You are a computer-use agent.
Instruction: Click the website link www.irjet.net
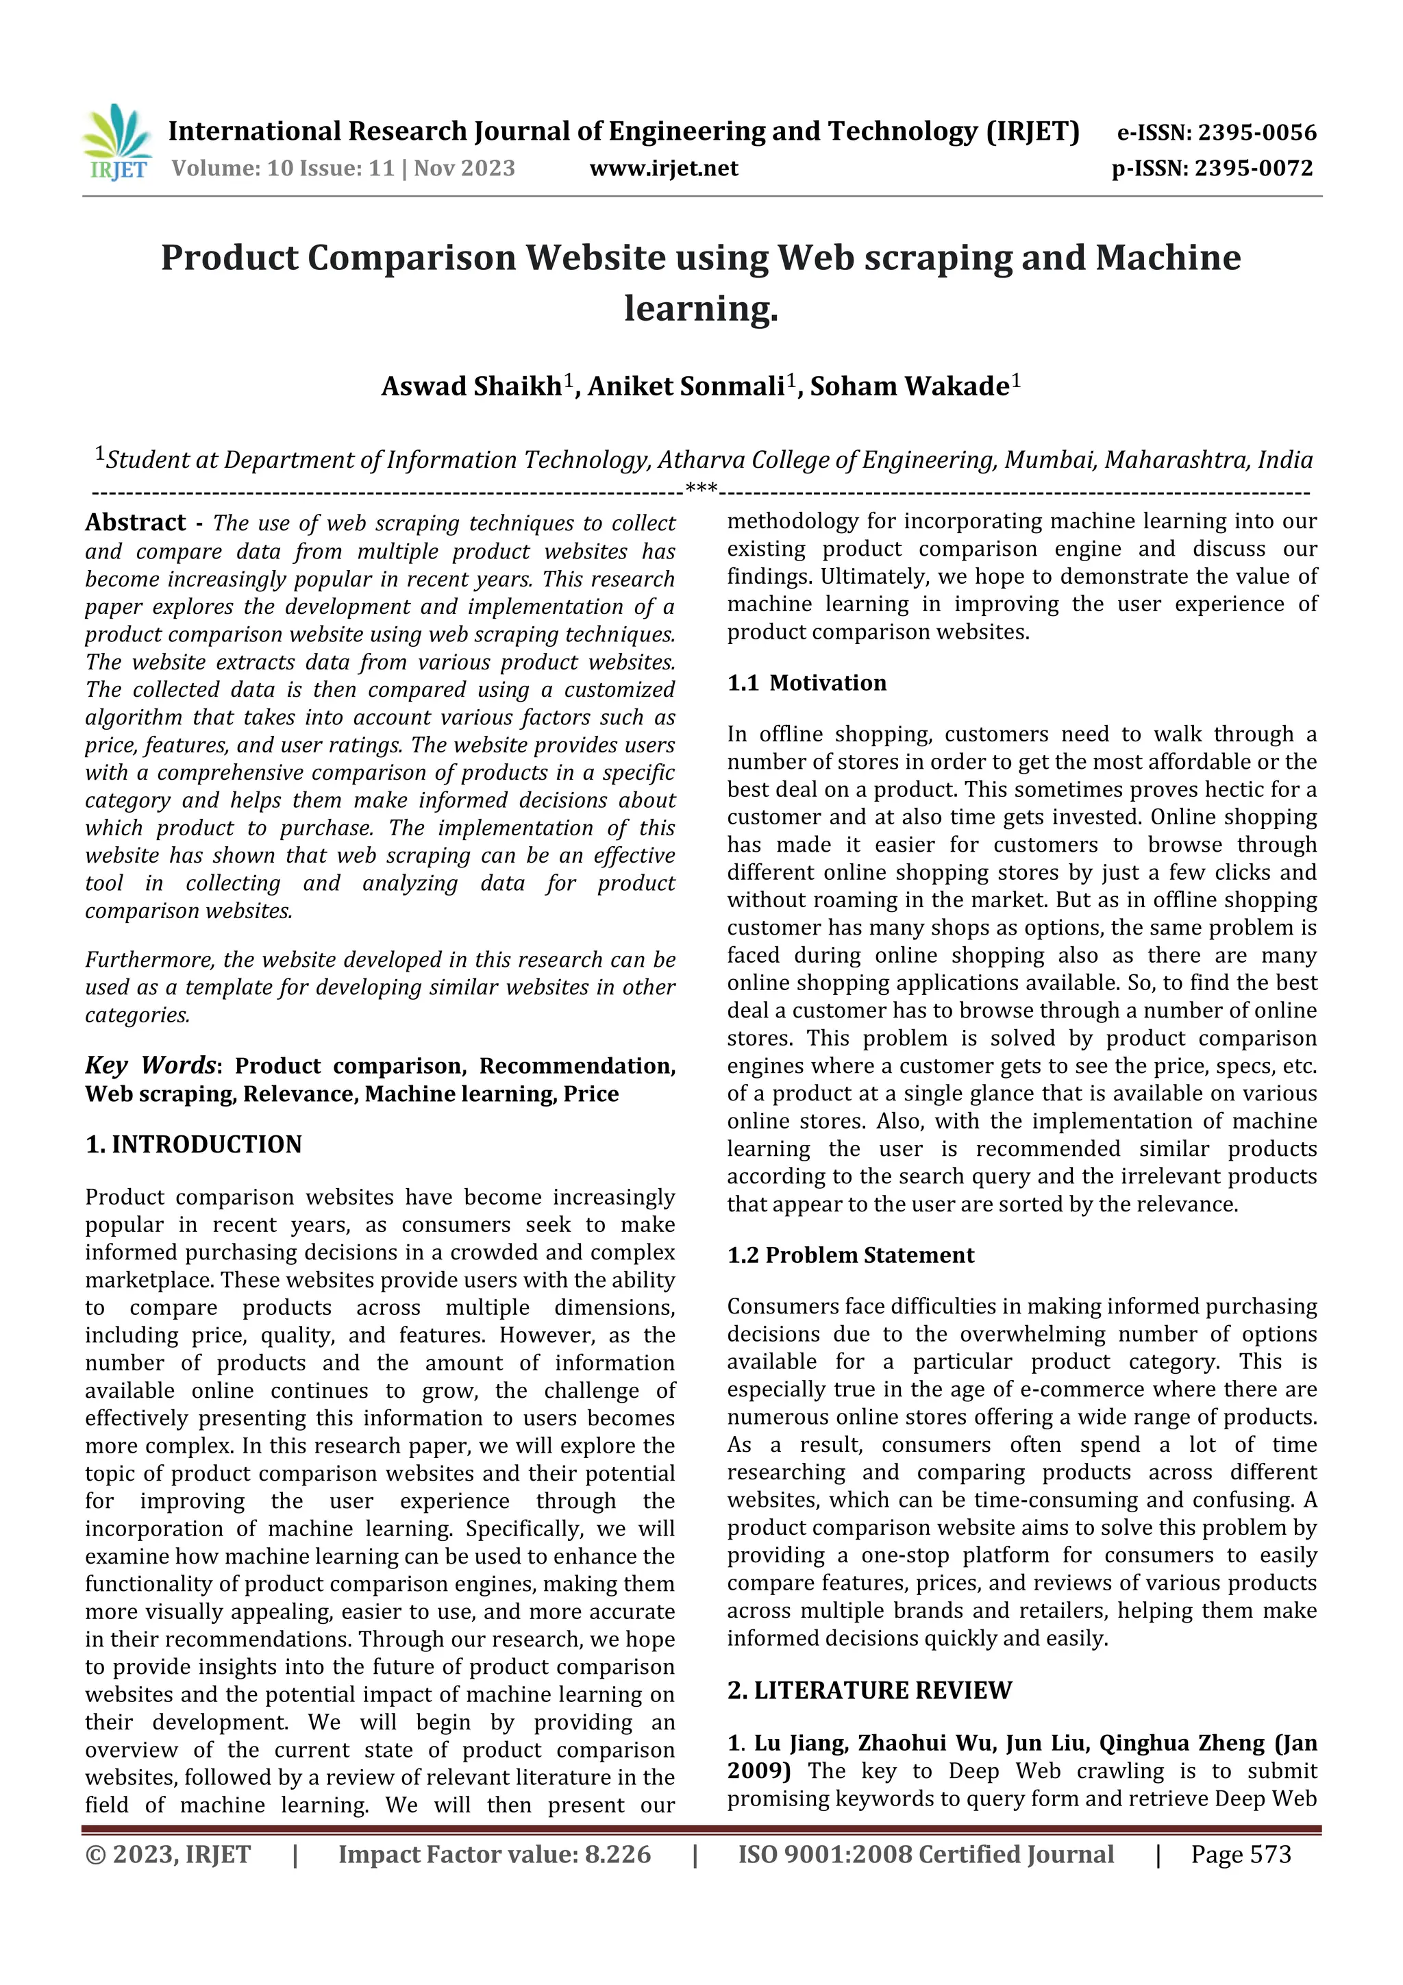pyautogui.click(x=663, y=169)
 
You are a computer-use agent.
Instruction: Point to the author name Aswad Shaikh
pyautogui.click(x=472, y=386)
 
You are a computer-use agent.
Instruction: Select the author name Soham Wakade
pyautogui.click(x=908, y=386)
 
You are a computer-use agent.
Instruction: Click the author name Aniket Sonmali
pyautogui.click(x=686, y=386)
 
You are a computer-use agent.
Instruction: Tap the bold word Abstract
pyautogui.click(x=135, y=523)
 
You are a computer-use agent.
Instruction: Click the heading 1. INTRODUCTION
pyautogui.click(x=194, y=1145)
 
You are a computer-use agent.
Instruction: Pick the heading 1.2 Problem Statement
pyautogui.click(x=851, y=1255)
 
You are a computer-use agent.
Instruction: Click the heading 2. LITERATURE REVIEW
pyautogui.click(x=869, y=1691)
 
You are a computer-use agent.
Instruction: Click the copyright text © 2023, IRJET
pyautogui.click(x=168, y=1854)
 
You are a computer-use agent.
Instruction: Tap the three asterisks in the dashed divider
pyautogui.click(x=700, y=489)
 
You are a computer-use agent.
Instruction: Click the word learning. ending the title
pyautogui.click(x=701, y=308)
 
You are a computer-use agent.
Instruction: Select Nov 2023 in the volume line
pyautogui.click(x=464, y=169)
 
